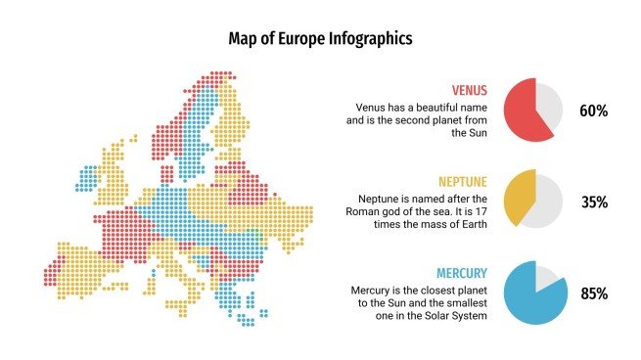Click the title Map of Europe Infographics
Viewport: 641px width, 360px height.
320,38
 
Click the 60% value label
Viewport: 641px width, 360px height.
594,112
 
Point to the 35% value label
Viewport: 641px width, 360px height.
594,202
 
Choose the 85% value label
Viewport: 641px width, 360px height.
594,293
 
